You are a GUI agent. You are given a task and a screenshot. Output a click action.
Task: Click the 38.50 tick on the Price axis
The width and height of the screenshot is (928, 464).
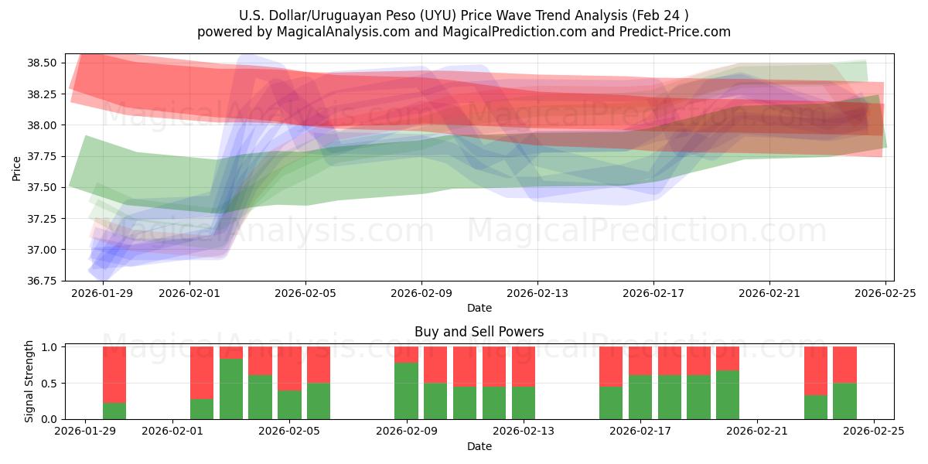tap(45, 63)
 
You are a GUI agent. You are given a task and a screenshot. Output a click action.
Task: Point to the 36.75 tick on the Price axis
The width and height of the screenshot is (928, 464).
tap(45, 281)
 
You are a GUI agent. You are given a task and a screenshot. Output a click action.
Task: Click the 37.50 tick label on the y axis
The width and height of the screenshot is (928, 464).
tap(45, 187)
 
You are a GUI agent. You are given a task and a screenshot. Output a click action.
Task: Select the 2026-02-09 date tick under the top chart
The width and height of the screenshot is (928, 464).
tap(421, 293)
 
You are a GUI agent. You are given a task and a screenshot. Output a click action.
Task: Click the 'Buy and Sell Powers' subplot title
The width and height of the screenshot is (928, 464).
tap(479, 332)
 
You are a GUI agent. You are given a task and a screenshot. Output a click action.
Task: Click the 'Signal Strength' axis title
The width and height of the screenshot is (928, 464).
tap(29, 381)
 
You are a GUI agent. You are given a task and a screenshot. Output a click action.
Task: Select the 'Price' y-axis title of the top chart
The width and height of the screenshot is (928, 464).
tap(17, 167)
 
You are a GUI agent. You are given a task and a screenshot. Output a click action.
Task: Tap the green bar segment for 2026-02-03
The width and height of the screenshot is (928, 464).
tap(231, 389)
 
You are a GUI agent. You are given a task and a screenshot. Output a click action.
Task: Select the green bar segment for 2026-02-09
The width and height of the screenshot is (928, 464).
tap(406, 391)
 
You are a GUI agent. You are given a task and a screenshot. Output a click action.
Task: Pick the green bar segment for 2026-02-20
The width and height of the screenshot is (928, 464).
tap(728, 394)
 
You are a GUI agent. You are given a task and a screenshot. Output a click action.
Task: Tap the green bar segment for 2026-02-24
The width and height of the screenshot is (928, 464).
tap(844, 401)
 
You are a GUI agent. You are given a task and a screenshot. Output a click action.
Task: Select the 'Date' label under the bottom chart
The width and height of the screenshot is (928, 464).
tap(479, 446)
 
